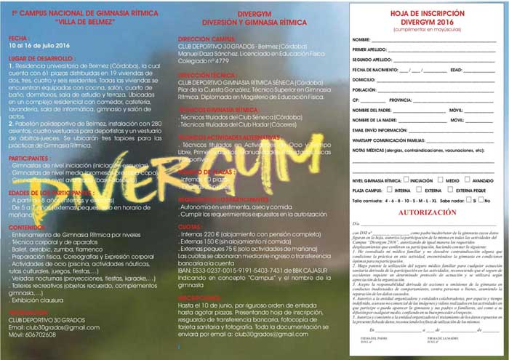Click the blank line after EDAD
481,70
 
